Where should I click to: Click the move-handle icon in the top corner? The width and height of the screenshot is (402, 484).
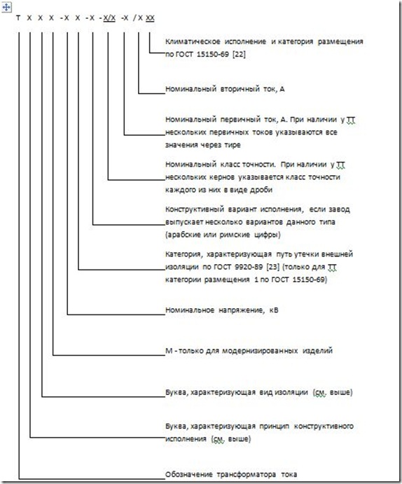click(x=6, y=7)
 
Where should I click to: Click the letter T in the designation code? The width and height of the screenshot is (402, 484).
click(x=18, y=18)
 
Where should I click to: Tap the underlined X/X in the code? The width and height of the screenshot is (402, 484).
click(x=109, y=18)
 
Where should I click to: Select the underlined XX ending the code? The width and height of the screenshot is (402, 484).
click(x=150, y=18)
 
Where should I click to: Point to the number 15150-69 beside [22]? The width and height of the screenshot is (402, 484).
click(x=213, y=55)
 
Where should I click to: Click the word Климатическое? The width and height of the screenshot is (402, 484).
click(x=193, y=41)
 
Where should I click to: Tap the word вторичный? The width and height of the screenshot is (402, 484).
click(x=238, y=89)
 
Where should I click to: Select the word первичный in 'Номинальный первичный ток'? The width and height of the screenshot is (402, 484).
click(x=238, y=120)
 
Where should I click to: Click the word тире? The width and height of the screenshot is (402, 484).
click(x=231, y=145)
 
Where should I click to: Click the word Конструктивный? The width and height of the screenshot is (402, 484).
click(x=195, y=209)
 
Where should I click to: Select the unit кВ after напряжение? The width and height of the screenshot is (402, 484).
click(x=274, y=310)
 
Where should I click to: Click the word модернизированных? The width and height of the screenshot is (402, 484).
click(x=260, y=351)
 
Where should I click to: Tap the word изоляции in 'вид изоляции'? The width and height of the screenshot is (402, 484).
click(x=291, y=392)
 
